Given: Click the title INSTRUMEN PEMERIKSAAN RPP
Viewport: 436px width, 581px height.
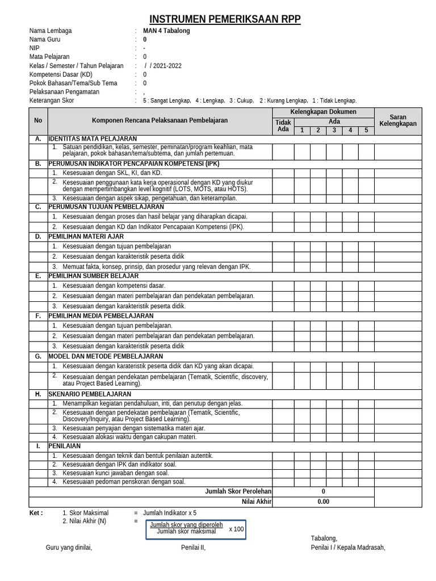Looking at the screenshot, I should coord(225,20).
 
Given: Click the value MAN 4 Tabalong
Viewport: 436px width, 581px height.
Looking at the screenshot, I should coord(166,31).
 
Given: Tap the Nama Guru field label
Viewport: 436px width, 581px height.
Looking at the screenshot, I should coord(45,40).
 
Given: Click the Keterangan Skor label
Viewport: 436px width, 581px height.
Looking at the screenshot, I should coord(52,100).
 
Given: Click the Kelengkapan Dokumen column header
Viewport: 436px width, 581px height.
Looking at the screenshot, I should coord(323,112).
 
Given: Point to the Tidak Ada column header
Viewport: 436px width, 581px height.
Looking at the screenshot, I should coord(283,125).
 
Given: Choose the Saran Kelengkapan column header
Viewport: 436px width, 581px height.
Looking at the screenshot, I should coord(397,120).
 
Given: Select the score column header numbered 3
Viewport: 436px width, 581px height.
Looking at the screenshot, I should coord(334,130).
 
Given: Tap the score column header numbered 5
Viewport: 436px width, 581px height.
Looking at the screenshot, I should coord(366,130).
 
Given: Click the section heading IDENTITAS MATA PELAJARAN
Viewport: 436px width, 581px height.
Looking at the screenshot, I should coord(93,138).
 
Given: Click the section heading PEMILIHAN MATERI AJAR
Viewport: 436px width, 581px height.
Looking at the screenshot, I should coord(86,237).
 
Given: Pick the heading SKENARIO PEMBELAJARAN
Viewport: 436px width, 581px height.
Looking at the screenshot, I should coord(90,394).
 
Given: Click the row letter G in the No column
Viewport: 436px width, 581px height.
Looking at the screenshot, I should coord(38,356).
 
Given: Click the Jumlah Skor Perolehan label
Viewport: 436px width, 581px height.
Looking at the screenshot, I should coord(238,491).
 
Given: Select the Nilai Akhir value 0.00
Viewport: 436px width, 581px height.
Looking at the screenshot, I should coord(323,502).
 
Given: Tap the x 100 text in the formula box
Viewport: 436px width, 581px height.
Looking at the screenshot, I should coord(236,529).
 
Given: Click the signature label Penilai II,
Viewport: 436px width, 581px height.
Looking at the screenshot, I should coord(193,548).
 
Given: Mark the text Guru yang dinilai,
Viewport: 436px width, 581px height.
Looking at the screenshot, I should coord(69,548).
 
